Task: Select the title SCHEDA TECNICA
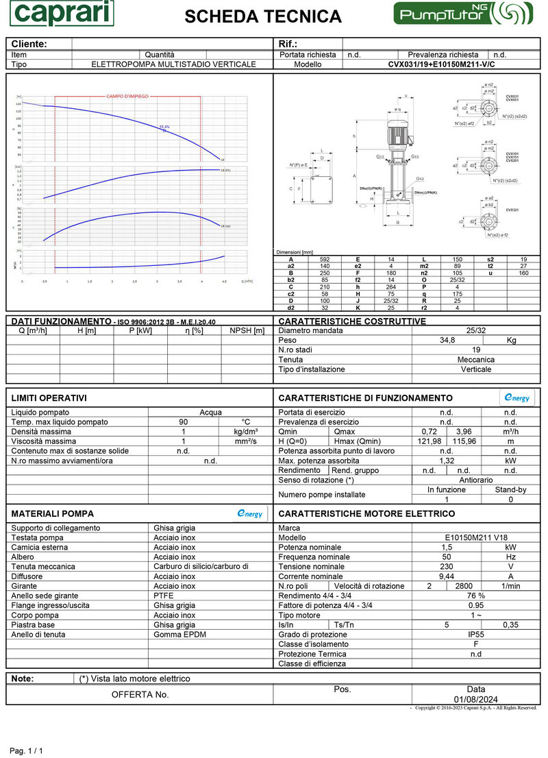pyautogui.click(x=263, y=16)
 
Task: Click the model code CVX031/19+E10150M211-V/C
pyautogui.click(x=441, y=64)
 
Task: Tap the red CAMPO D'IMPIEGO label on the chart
pyautogui.click(x=127, y=97)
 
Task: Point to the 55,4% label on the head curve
pyautogui.click(x=164, y=126)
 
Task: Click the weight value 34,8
pyautogui.click(x=447, y=340)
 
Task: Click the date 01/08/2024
pyautogui.click(x=475, y=699)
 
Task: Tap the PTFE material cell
pyautogui.click(x=164, y=596)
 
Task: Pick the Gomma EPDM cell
pyautogui.click(x=179, y=635)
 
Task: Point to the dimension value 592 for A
pyautogui.click(x=325, y=259)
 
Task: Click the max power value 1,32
pyautogui.click(x=447, y=461)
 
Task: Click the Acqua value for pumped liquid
pyautogui.click(x=210, y=412)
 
